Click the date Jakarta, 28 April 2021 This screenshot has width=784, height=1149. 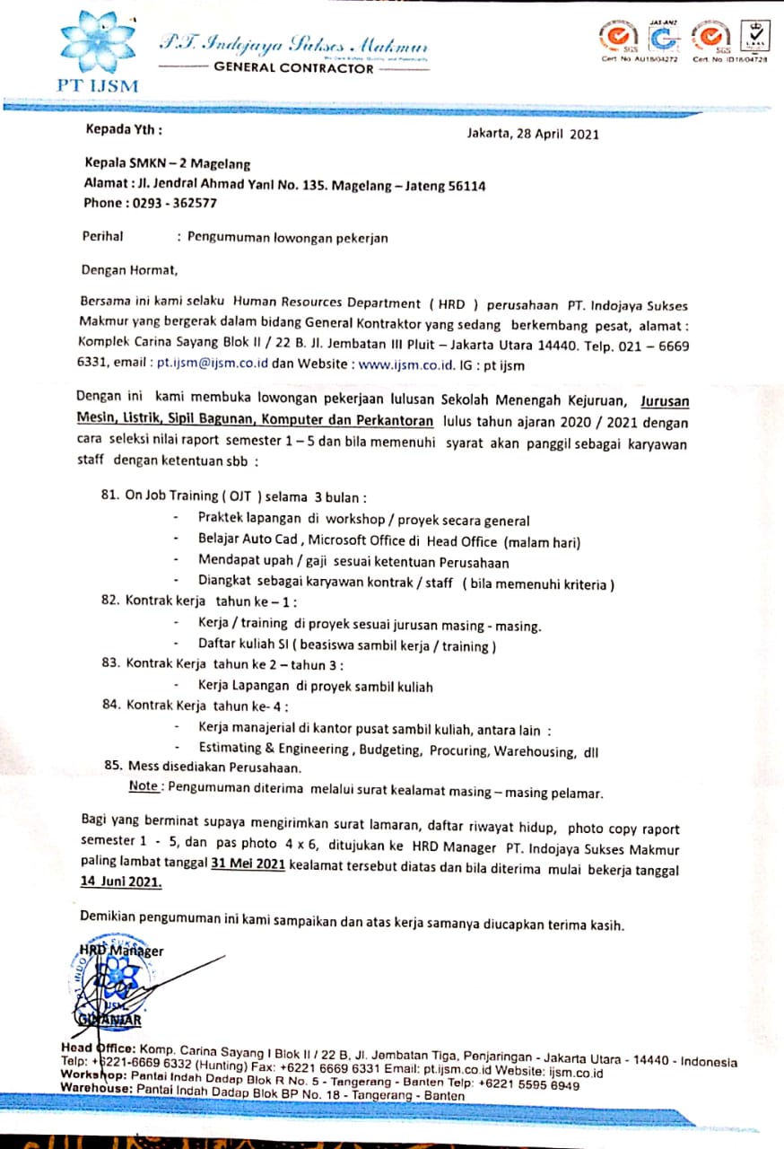coord(533,135)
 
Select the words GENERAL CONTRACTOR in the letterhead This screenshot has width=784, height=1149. coord(293,68)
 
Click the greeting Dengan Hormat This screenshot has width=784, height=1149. coord(129,268)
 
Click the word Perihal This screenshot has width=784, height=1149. coord(101,238)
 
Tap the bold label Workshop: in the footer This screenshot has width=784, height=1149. coord(92,1075)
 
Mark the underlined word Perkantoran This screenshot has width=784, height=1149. coord(391,421)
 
